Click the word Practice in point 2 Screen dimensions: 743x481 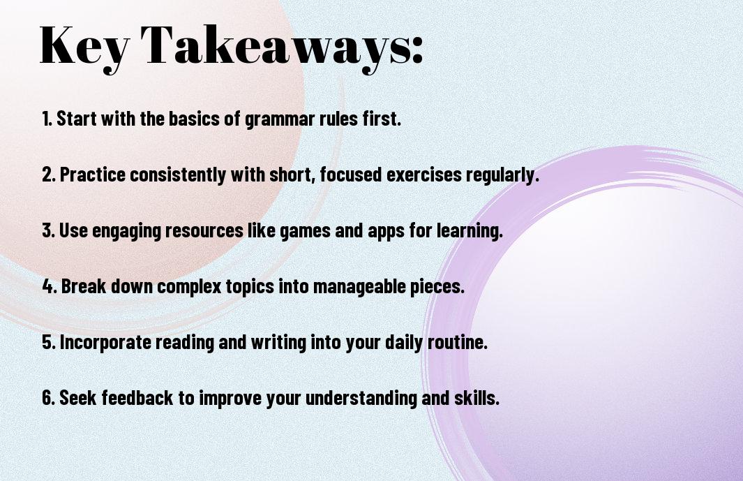coord(93,174)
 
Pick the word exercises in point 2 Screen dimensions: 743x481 coord(424,175)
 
